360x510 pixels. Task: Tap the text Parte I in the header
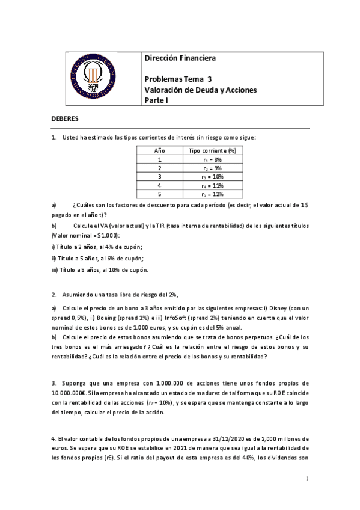tap(157, 100)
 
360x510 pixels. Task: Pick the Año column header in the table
tap(160, 150)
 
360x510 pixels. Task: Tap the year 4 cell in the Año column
tap(160, 186)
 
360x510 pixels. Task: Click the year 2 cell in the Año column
tap(160, 168)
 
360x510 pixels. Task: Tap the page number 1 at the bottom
tap(307, 479)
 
